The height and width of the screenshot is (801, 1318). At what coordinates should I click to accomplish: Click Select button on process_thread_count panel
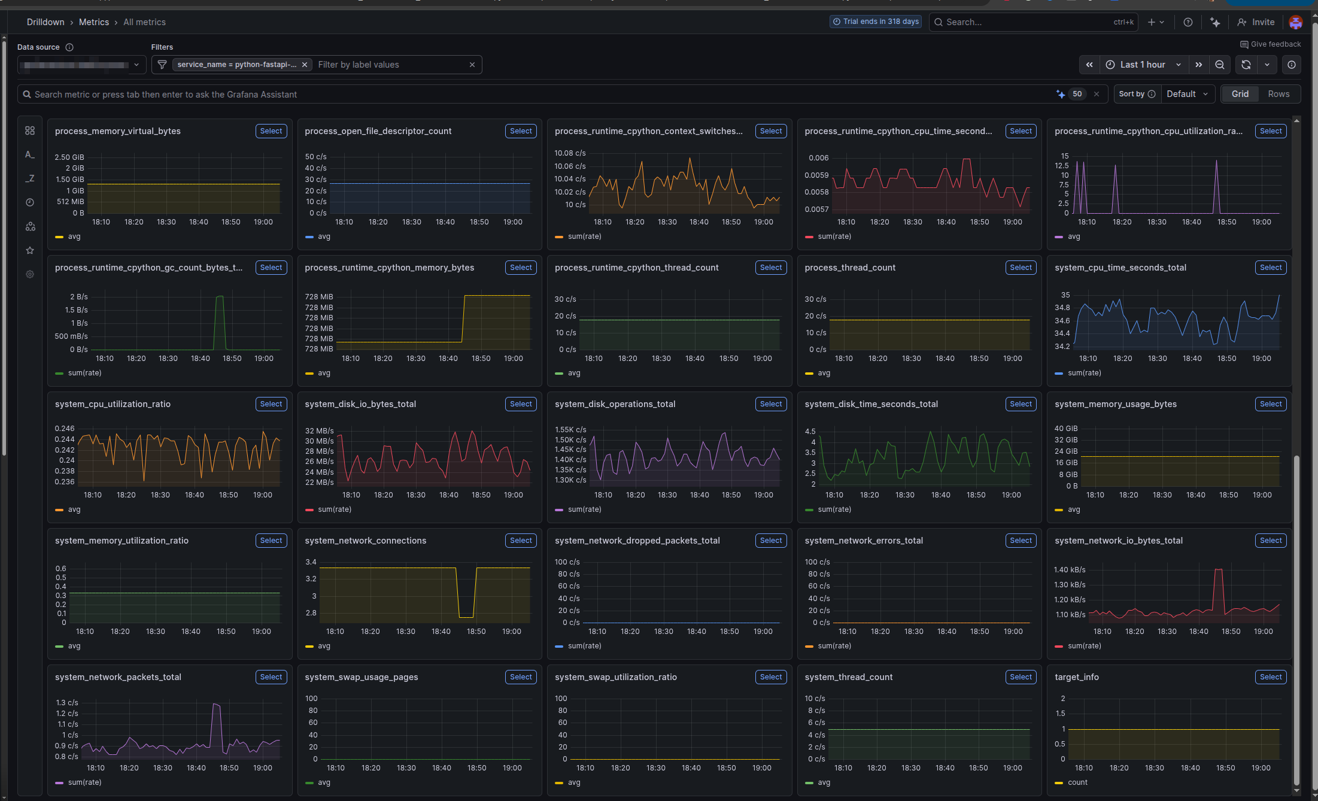pyautogui.click(x=1020, y=268)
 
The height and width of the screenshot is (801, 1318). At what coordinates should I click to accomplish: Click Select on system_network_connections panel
pyautogui.click(x=520, y=541)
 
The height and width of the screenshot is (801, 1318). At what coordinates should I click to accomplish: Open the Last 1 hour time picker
pyautogui.click(x=1142, y=65)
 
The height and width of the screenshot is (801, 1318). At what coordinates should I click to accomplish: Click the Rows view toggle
pyautogui.click(x=1278, y=94)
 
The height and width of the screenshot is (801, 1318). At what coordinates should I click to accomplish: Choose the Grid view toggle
pyautogui.click(x=1240, y=94)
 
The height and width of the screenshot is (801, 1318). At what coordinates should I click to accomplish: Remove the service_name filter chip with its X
pyautogui.click(x=305, y=65)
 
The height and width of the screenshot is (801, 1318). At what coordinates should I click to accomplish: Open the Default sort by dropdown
pyautogui.click(x=1187, y=94)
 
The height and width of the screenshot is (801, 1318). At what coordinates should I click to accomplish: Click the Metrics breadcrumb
pyautogui.click(x=94, y=22)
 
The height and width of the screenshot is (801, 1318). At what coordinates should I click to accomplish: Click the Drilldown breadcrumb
pyautogui.click(x=45, y=22)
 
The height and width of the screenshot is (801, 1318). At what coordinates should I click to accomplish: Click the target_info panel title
pyautogui.click(x=1076, y=677)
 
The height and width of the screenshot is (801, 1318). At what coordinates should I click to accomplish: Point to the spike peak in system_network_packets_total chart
pyautogui.click(x=216, y=705)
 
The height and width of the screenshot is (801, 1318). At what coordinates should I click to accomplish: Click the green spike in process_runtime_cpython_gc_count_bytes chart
pyautogui.click(x=220, y=297)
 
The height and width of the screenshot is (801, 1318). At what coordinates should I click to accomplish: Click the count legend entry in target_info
pyautogui.click(x=1077, y=782)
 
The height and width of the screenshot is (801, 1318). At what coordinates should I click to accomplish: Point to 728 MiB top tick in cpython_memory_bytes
pyautogui.click(x=318, y=297)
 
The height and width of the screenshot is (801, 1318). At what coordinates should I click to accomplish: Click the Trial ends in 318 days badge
pyautogui.click(x=875, y=22)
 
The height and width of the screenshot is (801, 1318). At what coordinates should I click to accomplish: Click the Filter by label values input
pyautogui.click(x=389, y=65)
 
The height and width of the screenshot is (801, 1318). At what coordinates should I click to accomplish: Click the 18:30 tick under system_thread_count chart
pyautogui.click(x=910, y=768)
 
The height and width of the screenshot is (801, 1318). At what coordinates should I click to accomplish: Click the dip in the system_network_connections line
pyautogui.click(x=466, y=616)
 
